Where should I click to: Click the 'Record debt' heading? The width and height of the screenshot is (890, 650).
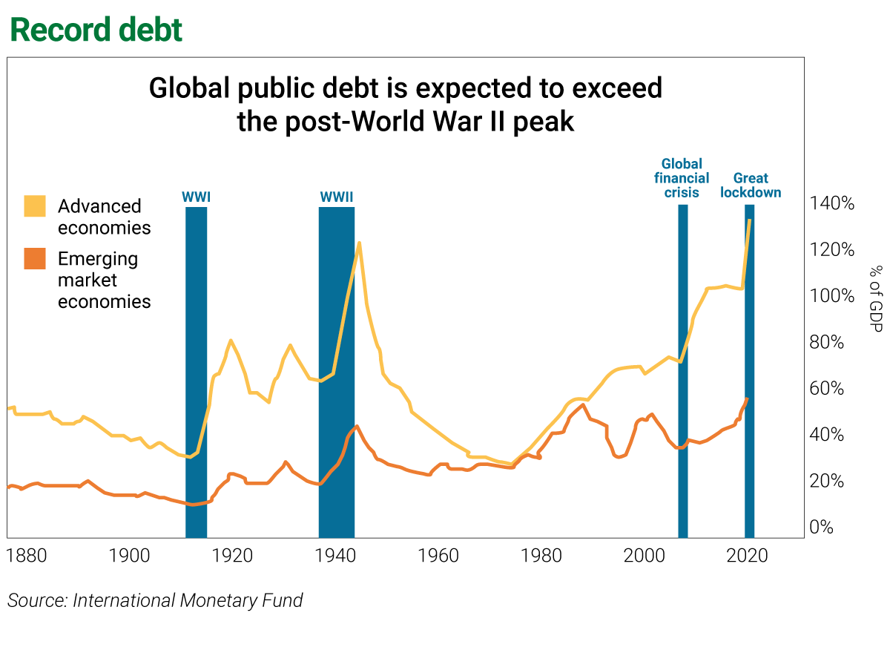96,30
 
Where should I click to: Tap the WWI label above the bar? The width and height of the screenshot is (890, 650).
196,197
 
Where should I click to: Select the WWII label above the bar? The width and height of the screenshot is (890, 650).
336,197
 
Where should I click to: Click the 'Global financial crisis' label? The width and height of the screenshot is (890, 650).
681,178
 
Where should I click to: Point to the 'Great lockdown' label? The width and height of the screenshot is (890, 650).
750,186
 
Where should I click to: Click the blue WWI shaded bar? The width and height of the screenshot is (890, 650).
196,371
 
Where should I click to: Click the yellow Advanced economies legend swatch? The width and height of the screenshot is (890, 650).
35,206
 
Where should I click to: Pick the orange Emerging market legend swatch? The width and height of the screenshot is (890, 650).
35,259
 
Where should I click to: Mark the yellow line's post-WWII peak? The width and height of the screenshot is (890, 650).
359,243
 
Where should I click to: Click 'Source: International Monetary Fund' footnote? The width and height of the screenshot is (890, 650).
155,600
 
